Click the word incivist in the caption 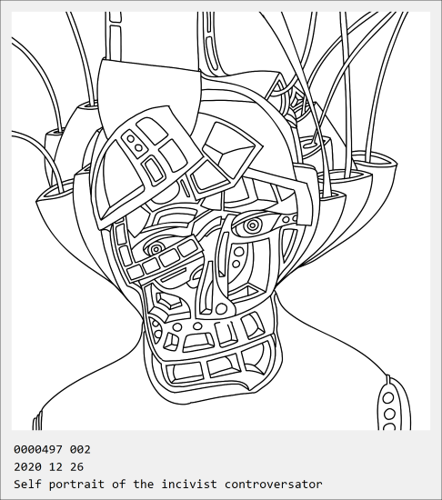189,484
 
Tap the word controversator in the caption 274,484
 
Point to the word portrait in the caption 76,485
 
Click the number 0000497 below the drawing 38,450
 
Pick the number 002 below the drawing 80,450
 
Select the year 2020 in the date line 27,467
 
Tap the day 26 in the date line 76,467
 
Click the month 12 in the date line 55,467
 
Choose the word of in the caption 118,484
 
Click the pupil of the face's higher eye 252,225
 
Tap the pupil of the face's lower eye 156,248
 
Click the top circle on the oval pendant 388,397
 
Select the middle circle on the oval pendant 389,414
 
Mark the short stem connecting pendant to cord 387,379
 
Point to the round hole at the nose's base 221,309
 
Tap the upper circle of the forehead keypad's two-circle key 130,139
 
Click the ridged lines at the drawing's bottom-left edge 37,420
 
